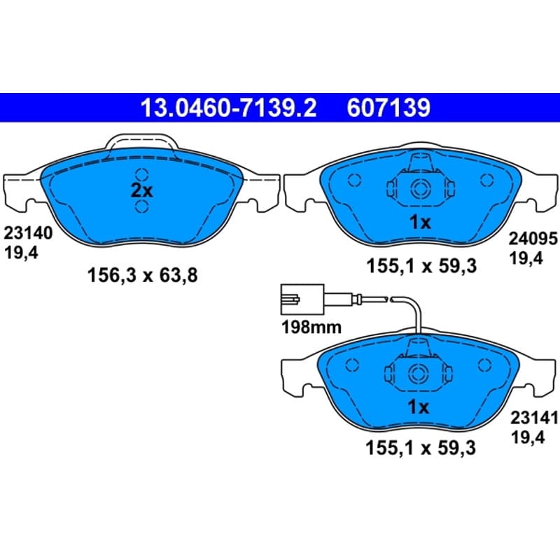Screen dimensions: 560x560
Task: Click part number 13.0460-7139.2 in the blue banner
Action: tap(229, 108)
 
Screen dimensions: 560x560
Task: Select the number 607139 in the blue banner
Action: tap(388, 108)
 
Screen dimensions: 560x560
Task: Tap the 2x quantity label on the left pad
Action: tap(142, 190)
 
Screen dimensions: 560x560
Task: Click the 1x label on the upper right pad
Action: tap(421, 222)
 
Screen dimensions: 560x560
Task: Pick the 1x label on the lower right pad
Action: tap(418, 407)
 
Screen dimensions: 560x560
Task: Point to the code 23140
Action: tap(28, 233)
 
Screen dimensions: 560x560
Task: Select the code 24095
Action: tap(533, 238)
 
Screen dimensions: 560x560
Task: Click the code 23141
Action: tap(534, 417)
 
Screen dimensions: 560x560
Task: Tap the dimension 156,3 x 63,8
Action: tap(142, 276)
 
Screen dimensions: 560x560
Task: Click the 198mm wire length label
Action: tap(311, 327)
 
